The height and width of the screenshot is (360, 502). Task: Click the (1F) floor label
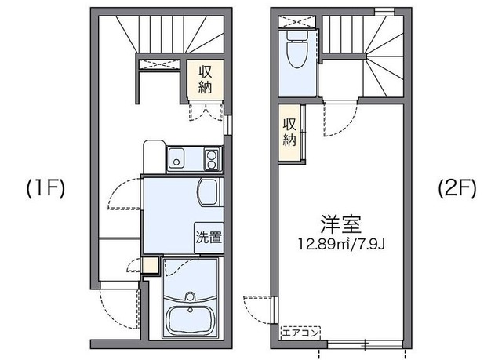45,188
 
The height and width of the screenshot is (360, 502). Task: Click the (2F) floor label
455,188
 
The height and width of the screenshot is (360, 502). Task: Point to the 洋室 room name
340,224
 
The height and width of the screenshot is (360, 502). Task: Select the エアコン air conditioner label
301,332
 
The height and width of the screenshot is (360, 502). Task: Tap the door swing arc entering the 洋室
337,118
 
